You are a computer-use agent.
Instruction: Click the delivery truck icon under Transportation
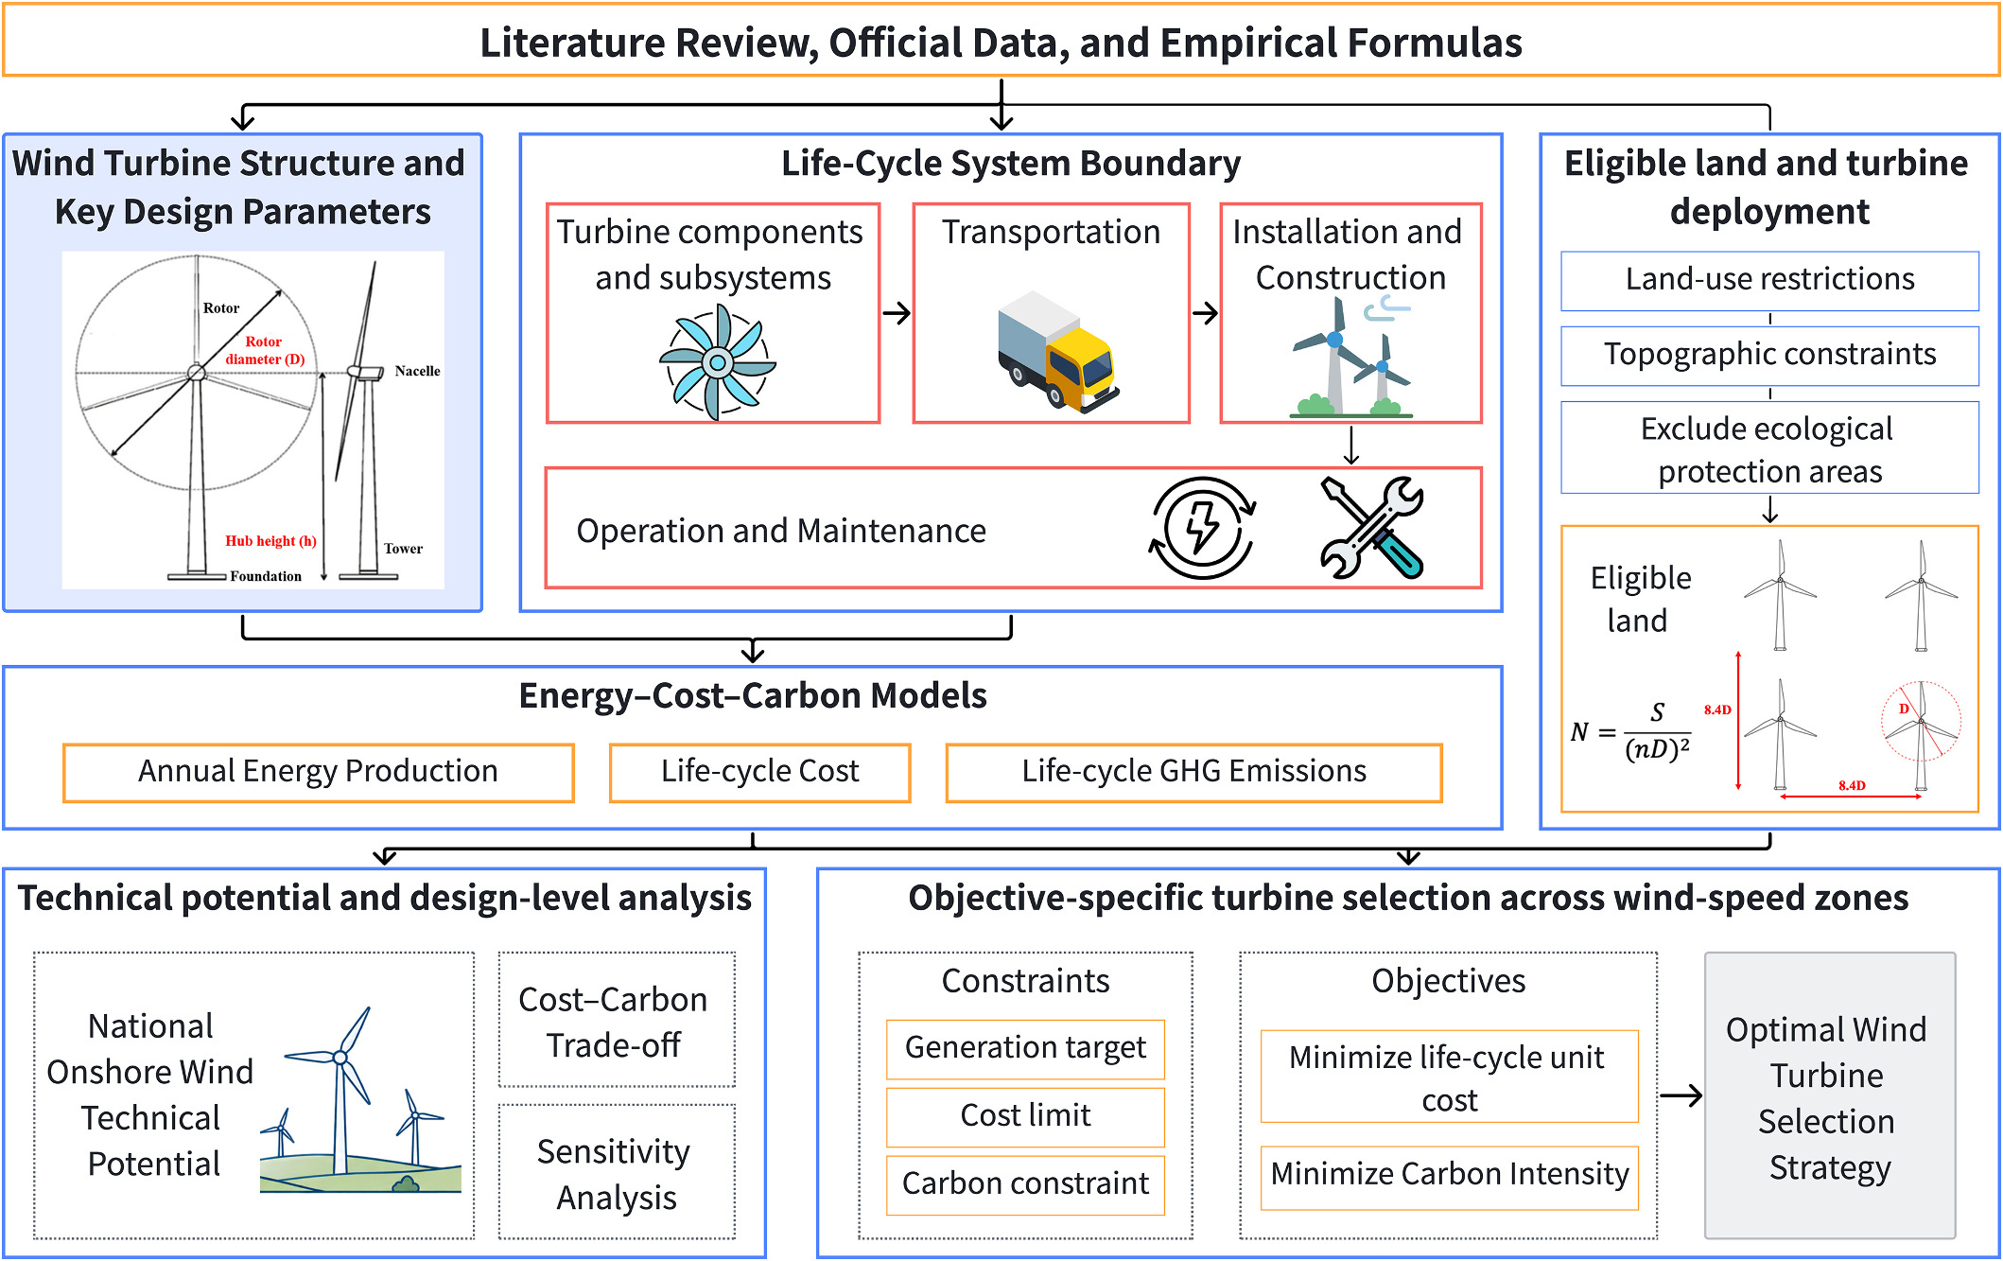pyautogui.click(x=1057, y=351)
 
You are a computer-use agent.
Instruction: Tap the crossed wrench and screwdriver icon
pyautogui.click(x=1371, y=528)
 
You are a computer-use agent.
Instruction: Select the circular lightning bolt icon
pyautogui.click(x=1202, y=528)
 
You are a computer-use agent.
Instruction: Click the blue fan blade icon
pyautogui.click(x=717, y=363)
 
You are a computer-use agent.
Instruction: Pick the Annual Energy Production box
pyautogui.click(x=319, y=772)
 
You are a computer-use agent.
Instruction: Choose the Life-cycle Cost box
pyautogui.click(x=760, y=772)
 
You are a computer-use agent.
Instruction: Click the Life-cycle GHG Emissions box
pyautogui.click(x=1193, y=772)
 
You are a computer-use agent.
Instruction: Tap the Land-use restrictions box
pyautogui.click(x=1769, y=280)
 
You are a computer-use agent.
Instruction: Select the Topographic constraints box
pyautogui.click(x=1769, y=355)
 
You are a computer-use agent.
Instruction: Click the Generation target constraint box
pyautogui.click(x=1025, y=1048)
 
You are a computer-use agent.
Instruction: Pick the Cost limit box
pyautogui.click(x=1025, y=1116)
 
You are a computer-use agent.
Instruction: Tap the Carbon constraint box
pyautogui.click(x=1025, y=1184)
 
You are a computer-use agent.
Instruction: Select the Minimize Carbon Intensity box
pyautogui.click(x=1450, y=1175)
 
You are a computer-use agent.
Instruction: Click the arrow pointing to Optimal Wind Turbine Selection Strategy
pyautogui.click(x=1681, y=1095)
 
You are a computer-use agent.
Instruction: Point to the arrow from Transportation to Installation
pyautogui.click(x=1205, y=313)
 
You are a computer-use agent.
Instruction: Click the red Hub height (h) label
pyautogui.click(x=270, y=541)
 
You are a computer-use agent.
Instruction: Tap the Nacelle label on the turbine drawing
pyautogui.click(x=417, y=371)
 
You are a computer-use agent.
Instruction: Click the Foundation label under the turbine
pyautogui.click(x=266, y=576)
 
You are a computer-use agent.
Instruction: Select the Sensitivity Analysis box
pyautogui.click(x=617, y=1172)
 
